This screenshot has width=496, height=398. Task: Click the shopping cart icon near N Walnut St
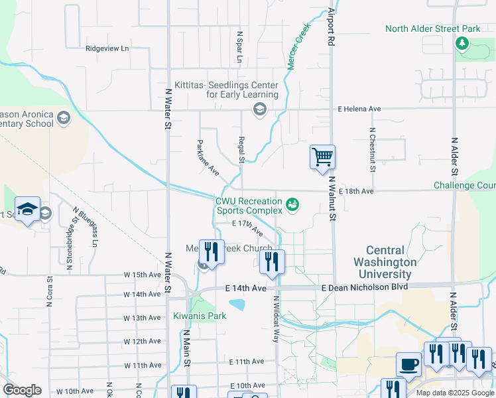tap(322, 158)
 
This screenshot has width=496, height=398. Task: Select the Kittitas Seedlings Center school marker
tap(259, 109)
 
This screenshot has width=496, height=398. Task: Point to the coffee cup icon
tap(408, 364)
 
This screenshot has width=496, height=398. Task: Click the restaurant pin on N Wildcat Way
tap(273, 261)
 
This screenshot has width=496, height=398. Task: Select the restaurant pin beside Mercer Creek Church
tap(211, 252)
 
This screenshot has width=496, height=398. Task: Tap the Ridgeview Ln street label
tap(107, 48)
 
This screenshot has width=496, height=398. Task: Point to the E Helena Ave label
tap(359, 109)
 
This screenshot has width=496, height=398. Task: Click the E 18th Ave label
tap(356, 191)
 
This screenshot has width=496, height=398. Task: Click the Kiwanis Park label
tap(200, 316)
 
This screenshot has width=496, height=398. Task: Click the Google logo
tap(22, 390)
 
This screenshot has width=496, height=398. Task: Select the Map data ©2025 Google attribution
tap(454, 393)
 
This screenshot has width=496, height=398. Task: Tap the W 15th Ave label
tap(142, 274)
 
